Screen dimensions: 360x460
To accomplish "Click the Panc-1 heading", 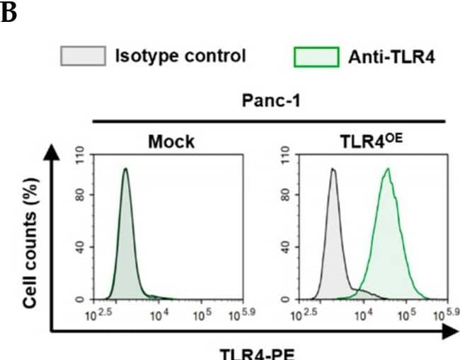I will point(269,102).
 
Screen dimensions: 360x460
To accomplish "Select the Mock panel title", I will point(171,142).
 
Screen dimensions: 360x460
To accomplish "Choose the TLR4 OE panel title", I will point(358,141).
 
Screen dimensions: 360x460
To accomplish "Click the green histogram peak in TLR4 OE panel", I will point(386,168).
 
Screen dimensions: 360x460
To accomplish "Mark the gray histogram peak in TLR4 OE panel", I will point(332,169).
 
